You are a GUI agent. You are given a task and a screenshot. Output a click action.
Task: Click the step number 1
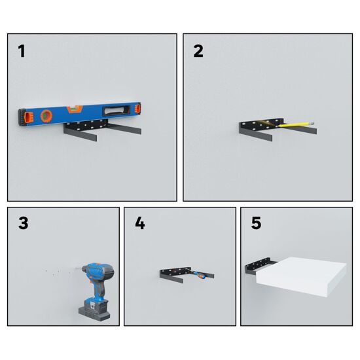coord(22,51)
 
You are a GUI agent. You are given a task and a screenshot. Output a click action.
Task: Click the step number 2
coord(198,51)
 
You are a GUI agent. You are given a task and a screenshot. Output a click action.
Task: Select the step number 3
coord(23,223)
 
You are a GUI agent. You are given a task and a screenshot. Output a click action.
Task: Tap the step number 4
coord(140,223)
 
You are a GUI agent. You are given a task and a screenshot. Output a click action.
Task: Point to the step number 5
coord(256,223)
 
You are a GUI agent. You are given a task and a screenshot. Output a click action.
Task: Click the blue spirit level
coord(79,114)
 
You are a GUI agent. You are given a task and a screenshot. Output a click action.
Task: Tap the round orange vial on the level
coord(46,115)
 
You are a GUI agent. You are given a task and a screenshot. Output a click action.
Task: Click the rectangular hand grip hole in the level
coord(117,110)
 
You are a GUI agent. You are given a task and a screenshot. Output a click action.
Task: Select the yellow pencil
coord(295,124)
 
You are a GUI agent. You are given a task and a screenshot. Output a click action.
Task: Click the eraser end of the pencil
coord(312,123)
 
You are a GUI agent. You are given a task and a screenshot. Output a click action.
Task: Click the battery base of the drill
coord(94,311)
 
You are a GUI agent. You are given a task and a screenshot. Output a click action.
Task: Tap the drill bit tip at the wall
coord(75,268)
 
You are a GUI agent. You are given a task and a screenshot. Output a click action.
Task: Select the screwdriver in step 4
coord(198,273)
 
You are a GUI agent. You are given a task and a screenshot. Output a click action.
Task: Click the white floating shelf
coord(301,277)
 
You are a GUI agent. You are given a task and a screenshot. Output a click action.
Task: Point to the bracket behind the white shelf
coord(259,266)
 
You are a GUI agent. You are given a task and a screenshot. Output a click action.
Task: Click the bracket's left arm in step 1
coord(80,134)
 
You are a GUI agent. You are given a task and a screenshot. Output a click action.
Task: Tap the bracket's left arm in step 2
coord(255,134)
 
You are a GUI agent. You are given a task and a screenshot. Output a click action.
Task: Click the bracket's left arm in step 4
coord(171,278)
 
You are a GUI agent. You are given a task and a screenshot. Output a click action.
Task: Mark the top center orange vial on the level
coord(74,109)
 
